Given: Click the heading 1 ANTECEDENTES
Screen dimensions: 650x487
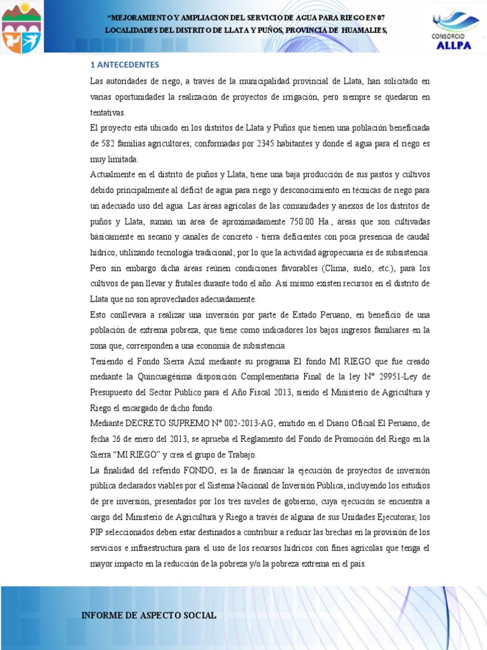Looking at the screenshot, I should click(124, 65).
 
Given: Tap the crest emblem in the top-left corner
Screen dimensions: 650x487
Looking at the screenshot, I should click(21, 27).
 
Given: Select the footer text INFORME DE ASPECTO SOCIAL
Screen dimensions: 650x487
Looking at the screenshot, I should click(149, 615).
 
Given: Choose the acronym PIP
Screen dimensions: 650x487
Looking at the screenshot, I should click(98, 533).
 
